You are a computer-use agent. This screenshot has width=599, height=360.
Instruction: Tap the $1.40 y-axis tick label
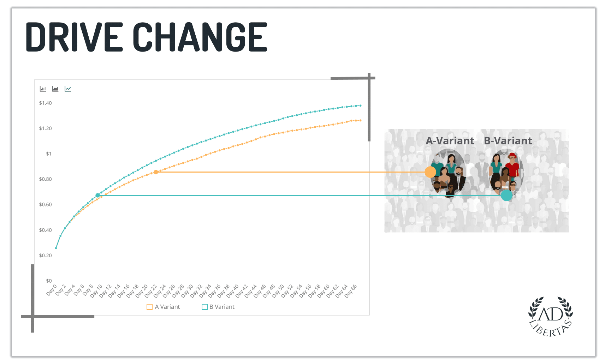point(46,103)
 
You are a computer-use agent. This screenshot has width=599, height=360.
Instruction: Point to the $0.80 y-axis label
point(46,179)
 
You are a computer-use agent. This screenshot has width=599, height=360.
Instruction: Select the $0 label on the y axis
point(49,281)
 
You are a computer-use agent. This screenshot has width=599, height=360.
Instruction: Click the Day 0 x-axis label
point(52,290)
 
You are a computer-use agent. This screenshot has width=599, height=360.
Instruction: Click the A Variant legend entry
point(163,307)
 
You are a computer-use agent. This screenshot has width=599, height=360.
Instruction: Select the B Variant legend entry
point(218,307)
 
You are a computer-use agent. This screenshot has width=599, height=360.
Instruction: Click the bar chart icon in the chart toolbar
point(43,89)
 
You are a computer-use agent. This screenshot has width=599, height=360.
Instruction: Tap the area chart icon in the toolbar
point(55,89)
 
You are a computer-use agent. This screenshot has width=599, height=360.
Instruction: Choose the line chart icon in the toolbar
point(68,89)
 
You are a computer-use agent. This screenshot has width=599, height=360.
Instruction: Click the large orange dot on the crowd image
point(430,172)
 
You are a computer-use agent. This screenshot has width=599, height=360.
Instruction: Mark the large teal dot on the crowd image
point(506,196)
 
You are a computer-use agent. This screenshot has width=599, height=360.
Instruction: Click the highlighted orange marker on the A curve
point(156,172)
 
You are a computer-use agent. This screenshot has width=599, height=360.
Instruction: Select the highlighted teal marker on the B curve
point(97,196)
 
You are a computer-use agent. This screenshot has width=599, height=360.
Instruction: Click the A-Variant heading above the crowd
point(450,141)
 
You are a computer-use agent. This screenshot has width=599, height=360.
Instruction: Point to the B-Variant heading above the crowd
point(508,141)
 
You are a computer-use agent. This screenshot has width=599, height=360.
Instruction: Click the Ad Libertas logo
point(551,316)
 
